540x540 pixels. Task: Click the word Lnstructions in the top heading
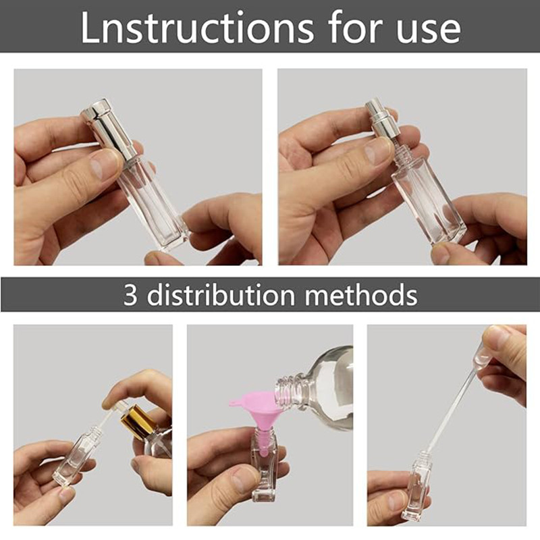(x=197, y=28)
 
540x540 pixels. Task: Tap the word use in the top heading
(x=428, y=32)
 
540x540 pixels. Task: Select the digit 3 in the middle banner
(x=130, y=295)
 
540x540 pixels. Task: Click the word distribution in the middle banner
(x=221, y=295)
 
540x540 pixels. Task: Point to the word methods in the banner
(x=361, y=295)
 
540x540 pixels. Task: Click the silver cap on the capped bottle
(x=107, y=129)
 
